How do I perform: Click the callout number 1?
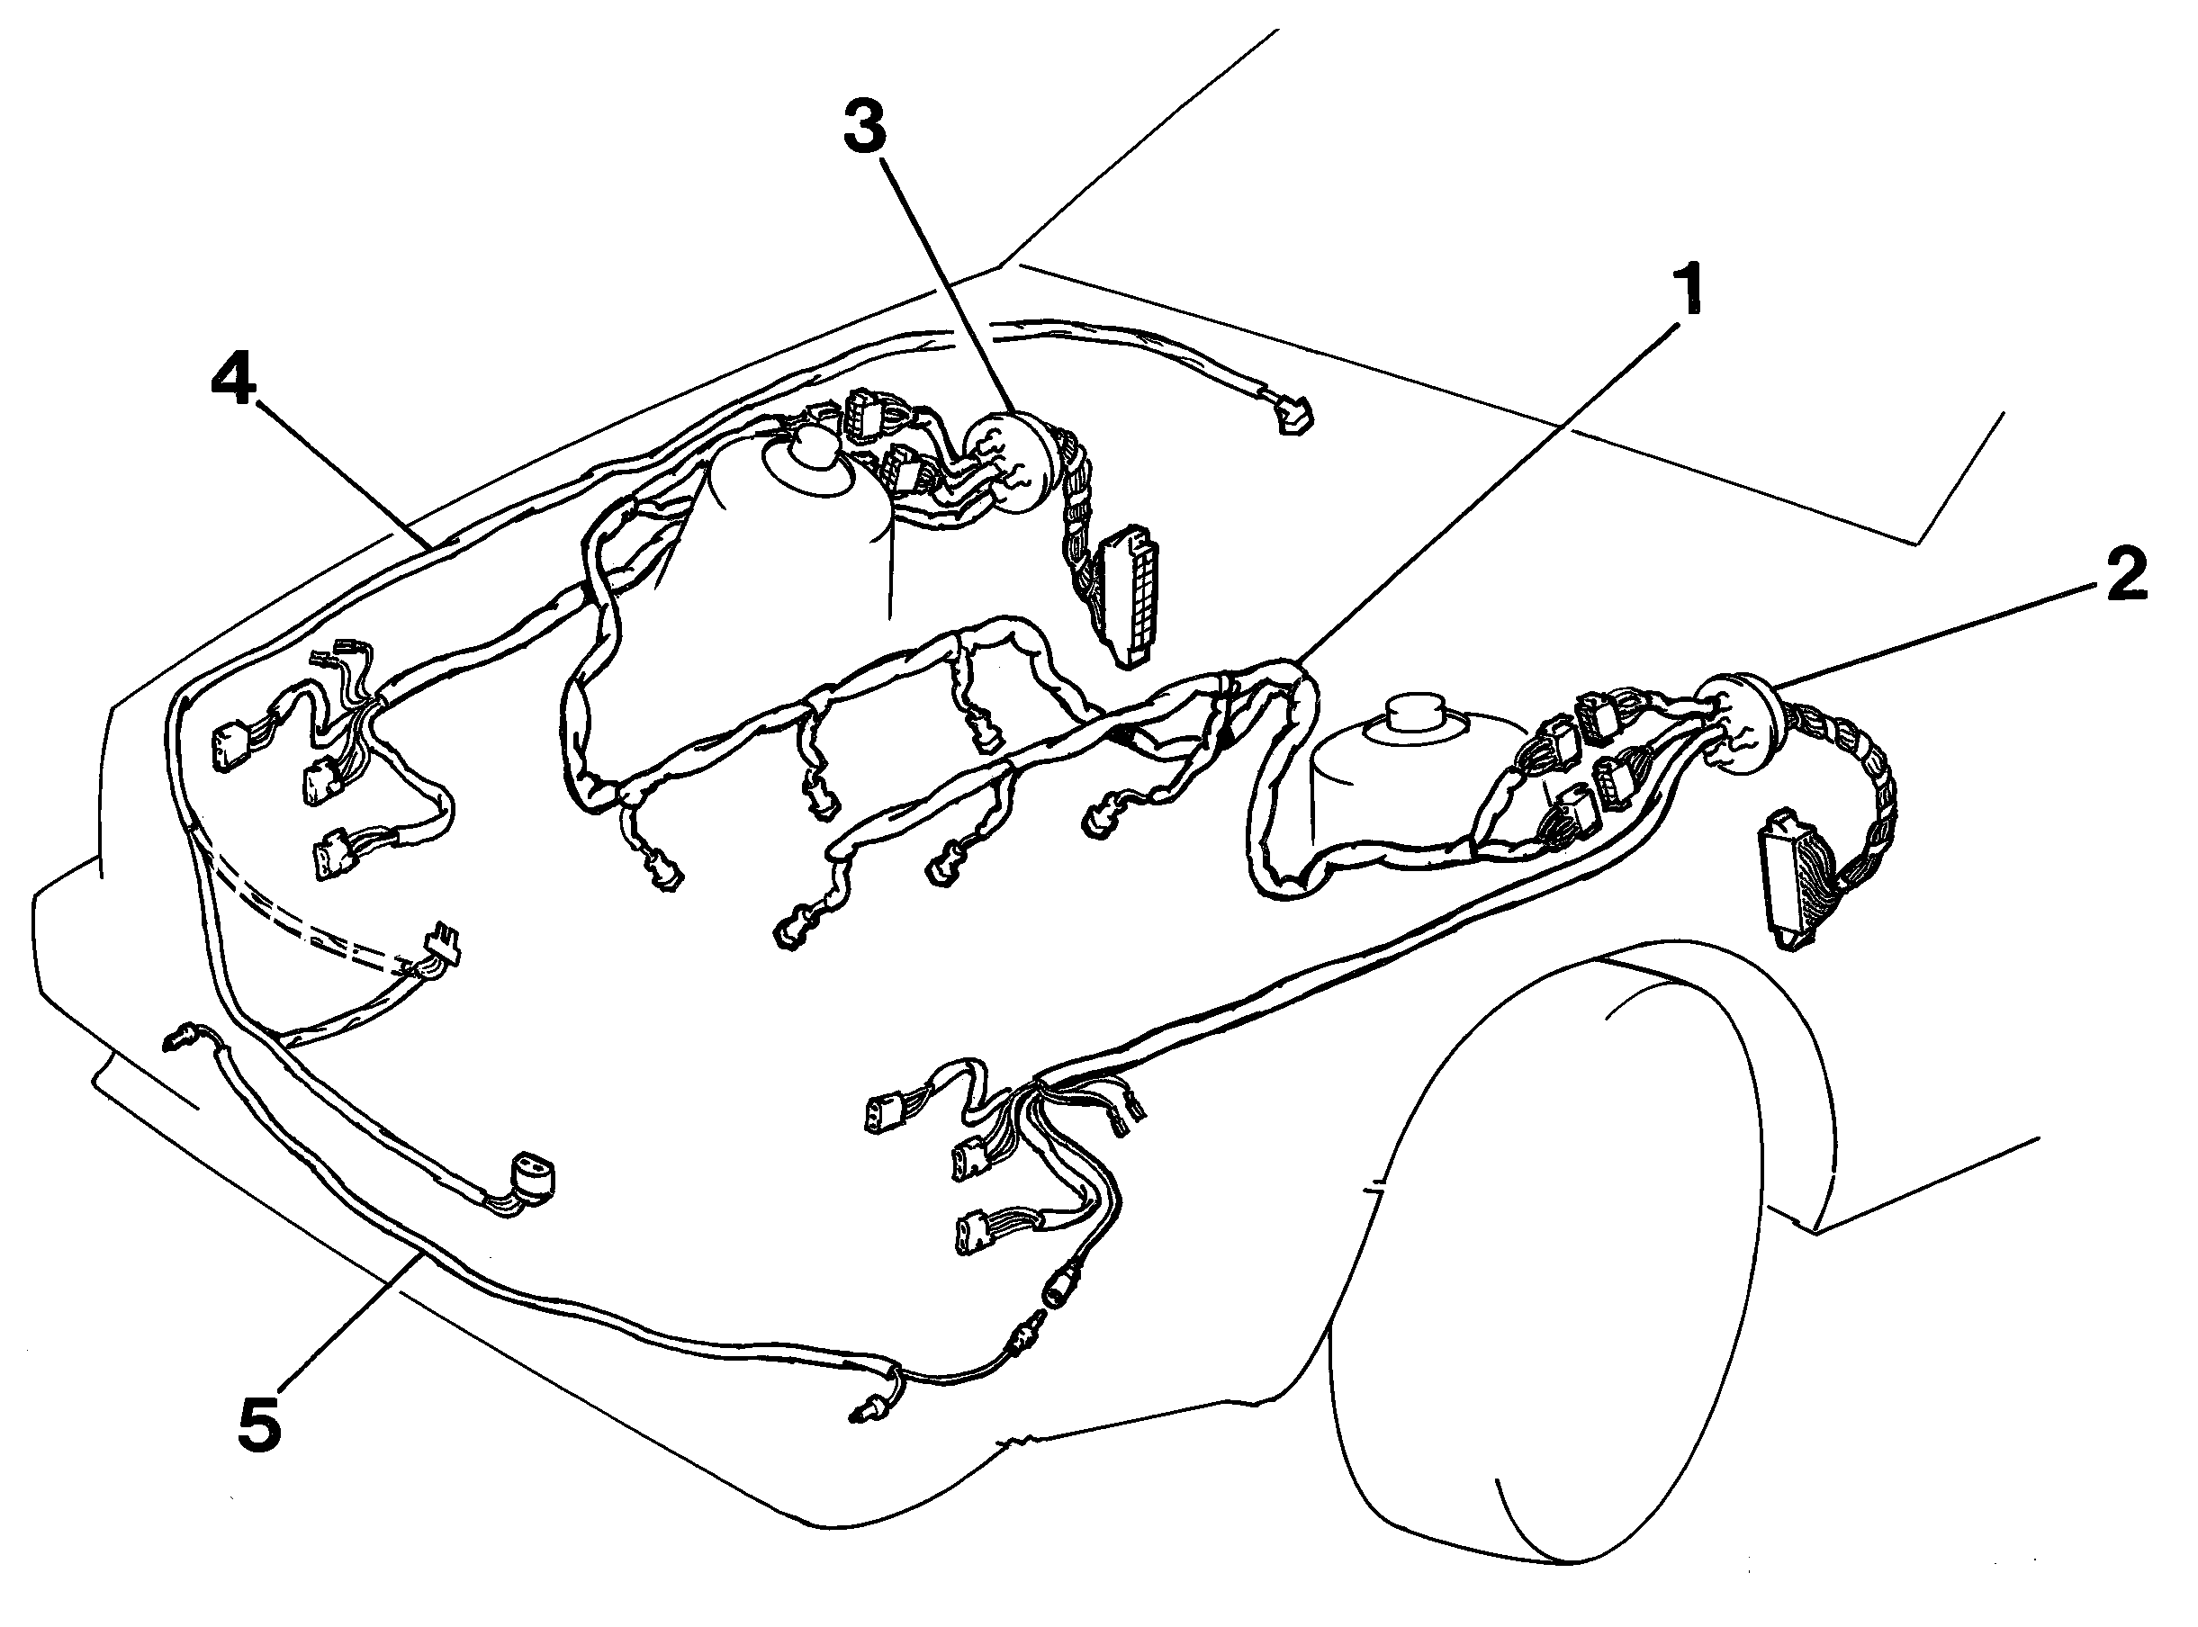point(1690,290)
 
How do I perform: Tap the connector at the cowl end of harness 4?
point(1291,415)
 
